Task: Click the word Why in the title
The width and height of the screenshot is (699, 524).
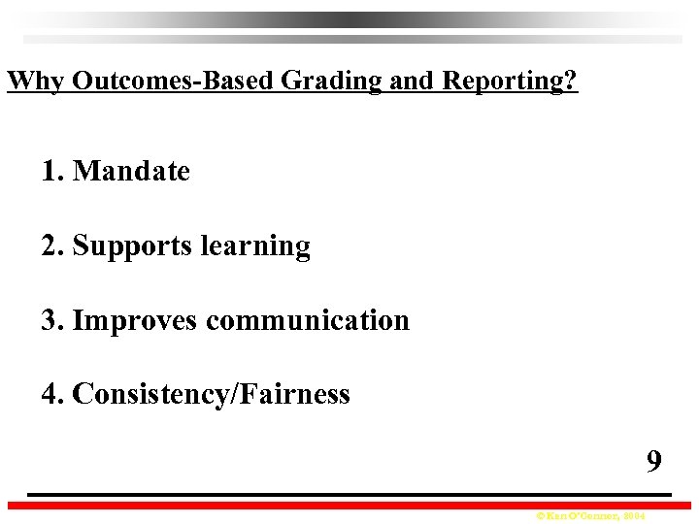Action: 36,80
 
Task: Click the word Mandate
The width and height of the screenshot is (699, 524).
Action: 131,172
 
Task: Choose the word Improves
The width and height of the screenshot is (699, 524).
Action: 136,320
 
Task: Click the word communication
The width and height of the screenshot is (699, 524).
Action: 308,320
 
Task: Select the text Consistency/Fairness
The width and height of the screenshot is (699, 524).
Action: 211,394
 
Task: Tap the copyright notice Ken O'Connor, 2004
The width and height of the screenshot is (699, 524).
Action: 582,516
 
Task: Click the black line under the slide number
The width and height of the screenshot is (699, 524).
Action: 349,495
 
